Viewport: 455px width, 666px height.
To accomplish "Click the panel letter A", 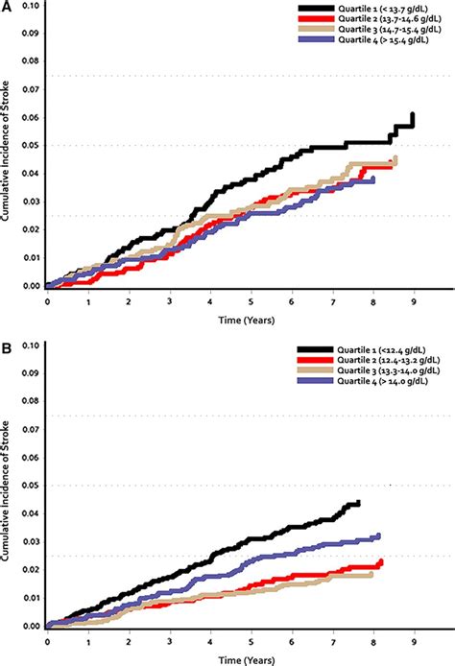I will pyautogui.click(x=8, y=7).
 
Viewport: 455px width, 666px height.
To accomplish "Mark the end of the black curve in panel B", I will pyautogui.click(x=358, y=503).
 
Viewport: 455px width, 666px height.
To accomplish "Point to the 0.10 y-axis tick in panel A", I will pyautogui.click(x=32, y=6).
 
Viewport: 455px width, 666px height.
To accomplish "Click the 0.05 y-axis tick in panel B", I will pyautogui.click(x=32, y=486).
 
